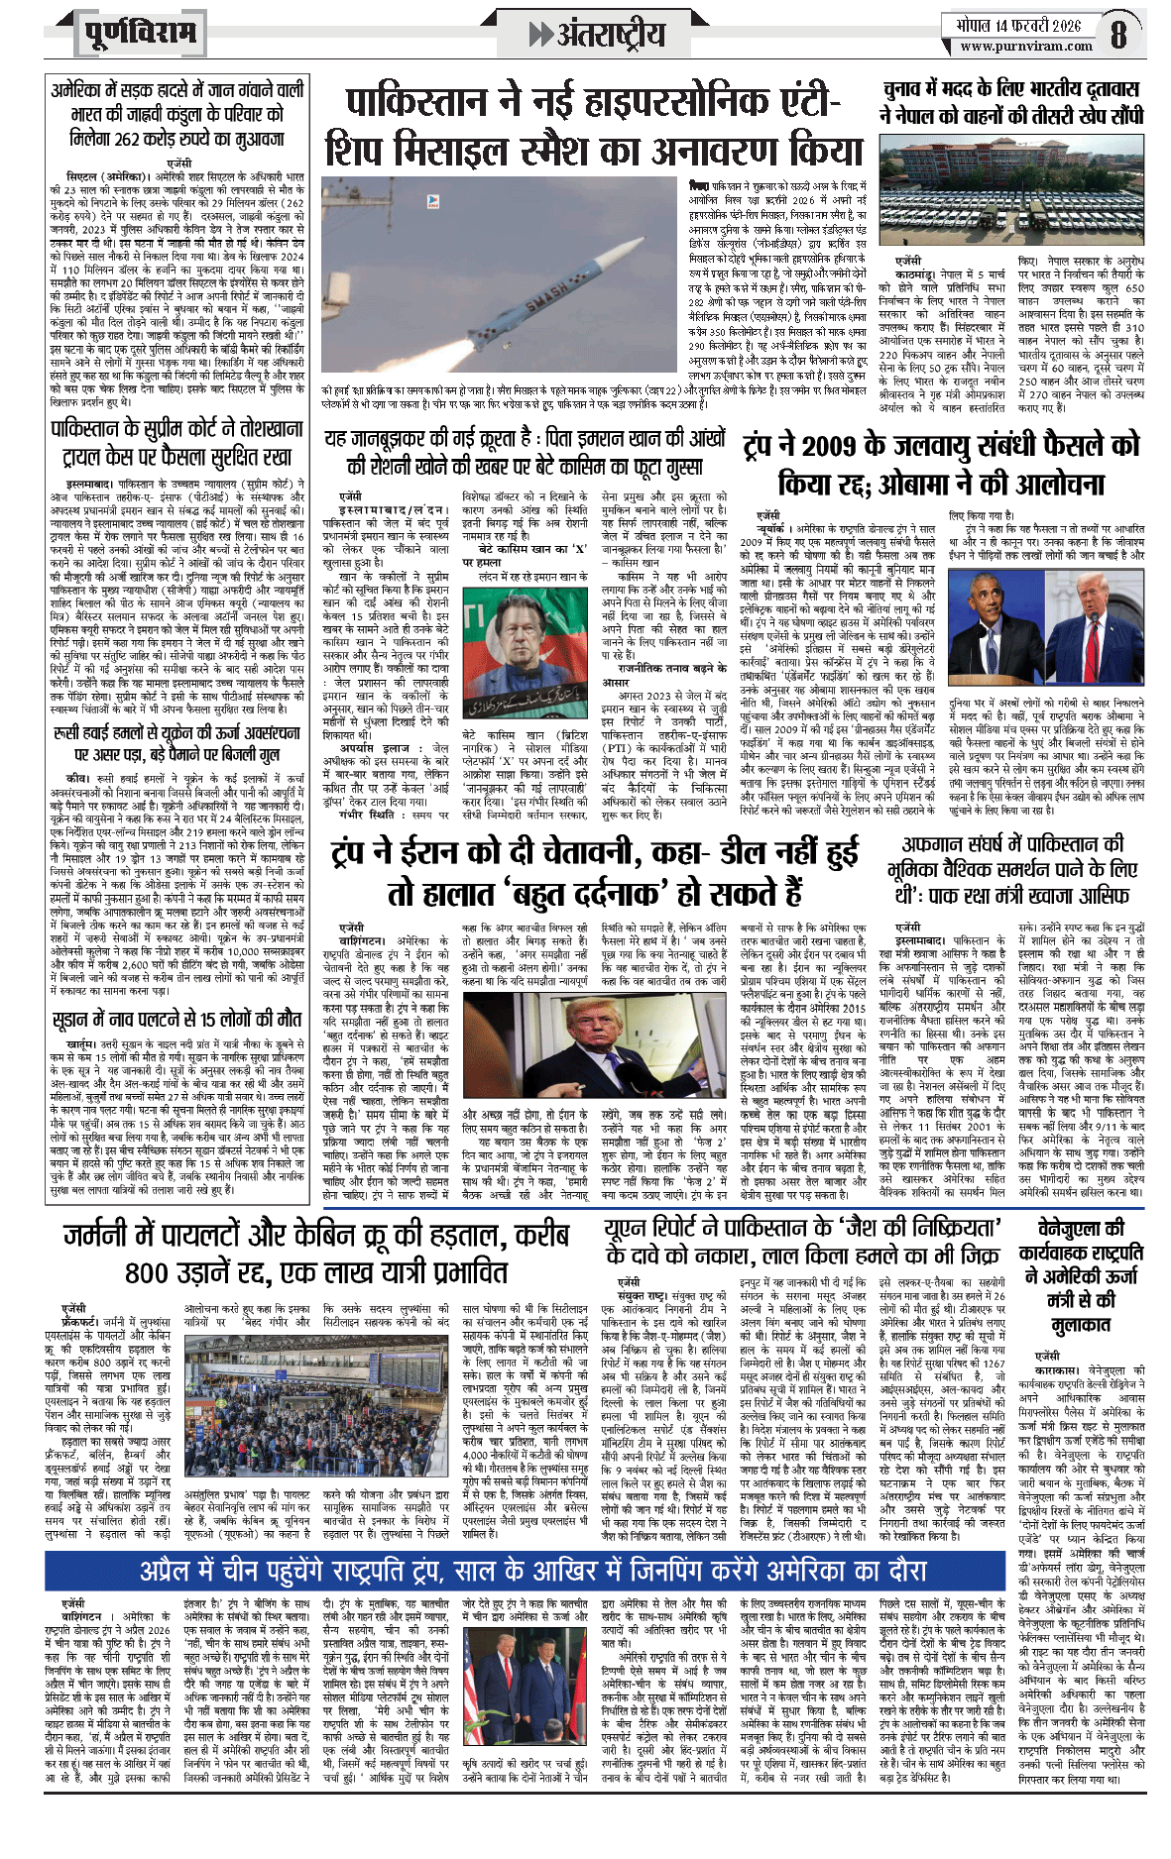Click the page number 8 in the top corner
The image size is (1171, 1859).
point(1118,34)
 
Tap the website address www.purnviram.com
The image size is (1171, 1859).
point(1026,46)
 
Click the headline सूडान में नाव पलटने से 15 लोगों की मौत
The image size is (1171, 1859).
point(177,1019)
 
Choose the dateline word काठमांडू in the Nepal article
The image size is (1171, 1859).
point(910,273)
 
